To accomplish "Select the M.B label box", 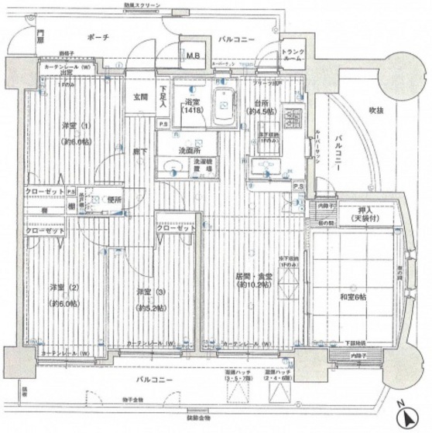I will (192, 55).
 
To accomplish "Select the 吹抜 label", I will (377, 108).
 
